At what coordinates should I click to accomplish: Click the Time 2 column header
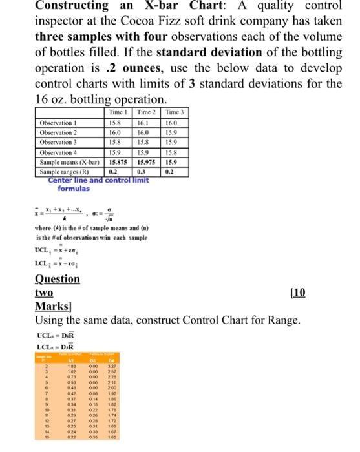[148, 112]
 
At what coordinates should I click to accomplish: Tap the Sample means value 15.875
[118, 163]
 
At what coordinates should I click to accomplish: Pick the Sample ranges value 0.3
[140, 172]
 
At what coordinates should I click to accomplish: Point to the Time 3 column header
[175, 112]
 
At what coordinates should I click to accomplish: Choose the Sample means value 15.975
[148, 163]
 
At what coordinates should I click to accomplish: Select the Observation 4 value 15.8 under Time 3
[171, 152]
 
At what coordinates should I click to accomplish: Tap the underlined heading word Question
[57, 278]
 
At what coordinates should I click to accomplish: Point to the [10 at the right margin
[299, 293]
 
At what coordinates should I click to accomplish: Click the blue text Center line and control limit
[98, 180]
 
